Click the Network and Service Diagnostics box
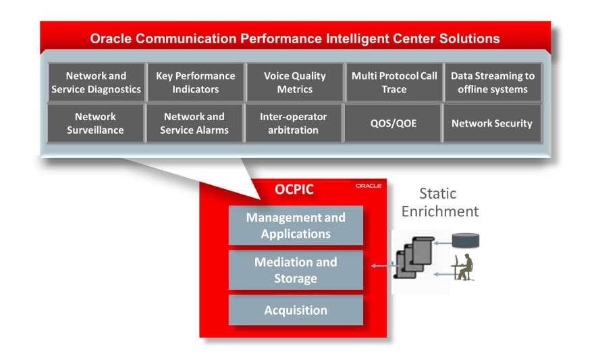96,82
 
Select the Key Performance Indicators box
196,82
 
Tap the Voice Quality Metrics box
294,82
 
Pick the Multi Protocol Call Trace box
394,82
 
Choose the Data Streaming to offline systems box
492,82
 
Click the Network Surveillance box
96,123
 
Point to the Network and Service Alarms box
194,123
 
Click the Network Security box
491,123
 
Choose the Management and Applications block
296,226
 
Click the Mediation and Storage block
296,270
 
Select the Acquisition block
296,310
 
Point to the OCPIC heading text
294,190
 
